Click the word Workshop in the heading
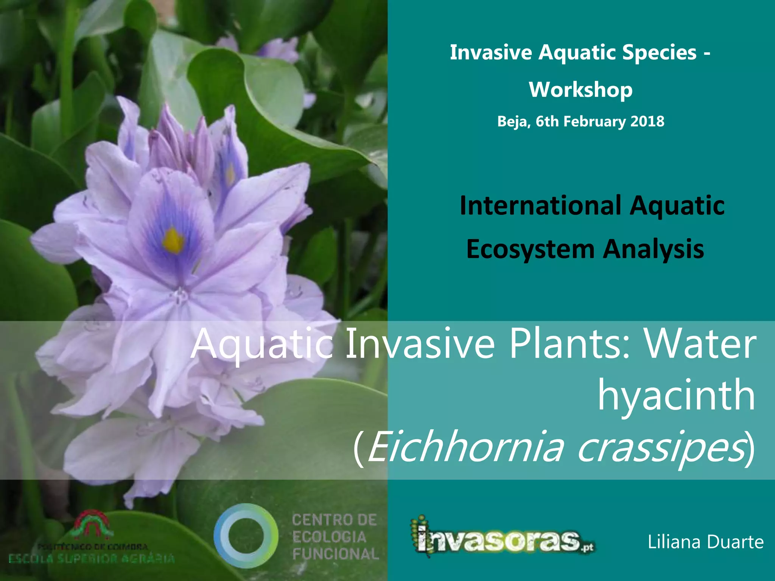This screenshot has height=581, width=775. tap(580, 90)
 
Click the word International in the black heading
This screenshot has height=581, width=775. tap(540, 205)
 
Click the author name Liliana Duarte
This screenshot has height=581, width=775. tap(705, 542)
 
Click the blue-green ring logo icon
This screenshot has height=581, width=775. tap(246, 536)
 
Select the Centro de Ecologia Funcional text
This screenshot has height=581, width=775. tap(335, 537)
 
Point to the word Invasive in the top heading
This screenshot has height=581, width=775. tap(490, 52)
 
